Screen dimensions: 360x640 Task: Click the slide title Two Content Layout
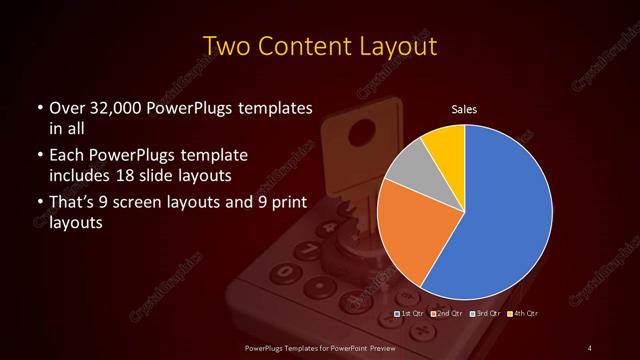tap(319, 47)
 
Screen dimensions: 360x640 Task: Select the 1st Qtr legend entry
tap(413, 314)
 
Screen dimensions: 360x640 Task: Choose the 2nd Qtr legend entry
tap(448, 314)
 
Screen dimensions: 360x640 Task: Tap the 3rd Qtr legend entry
tap(486, 314)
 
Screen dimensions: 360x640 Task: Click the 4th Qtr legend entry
tap(523, 314)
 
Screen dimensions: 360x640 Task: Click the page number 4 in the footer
tap(590, 347)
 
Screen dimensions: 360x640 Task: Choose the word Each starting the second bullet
tap(67, 156)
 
